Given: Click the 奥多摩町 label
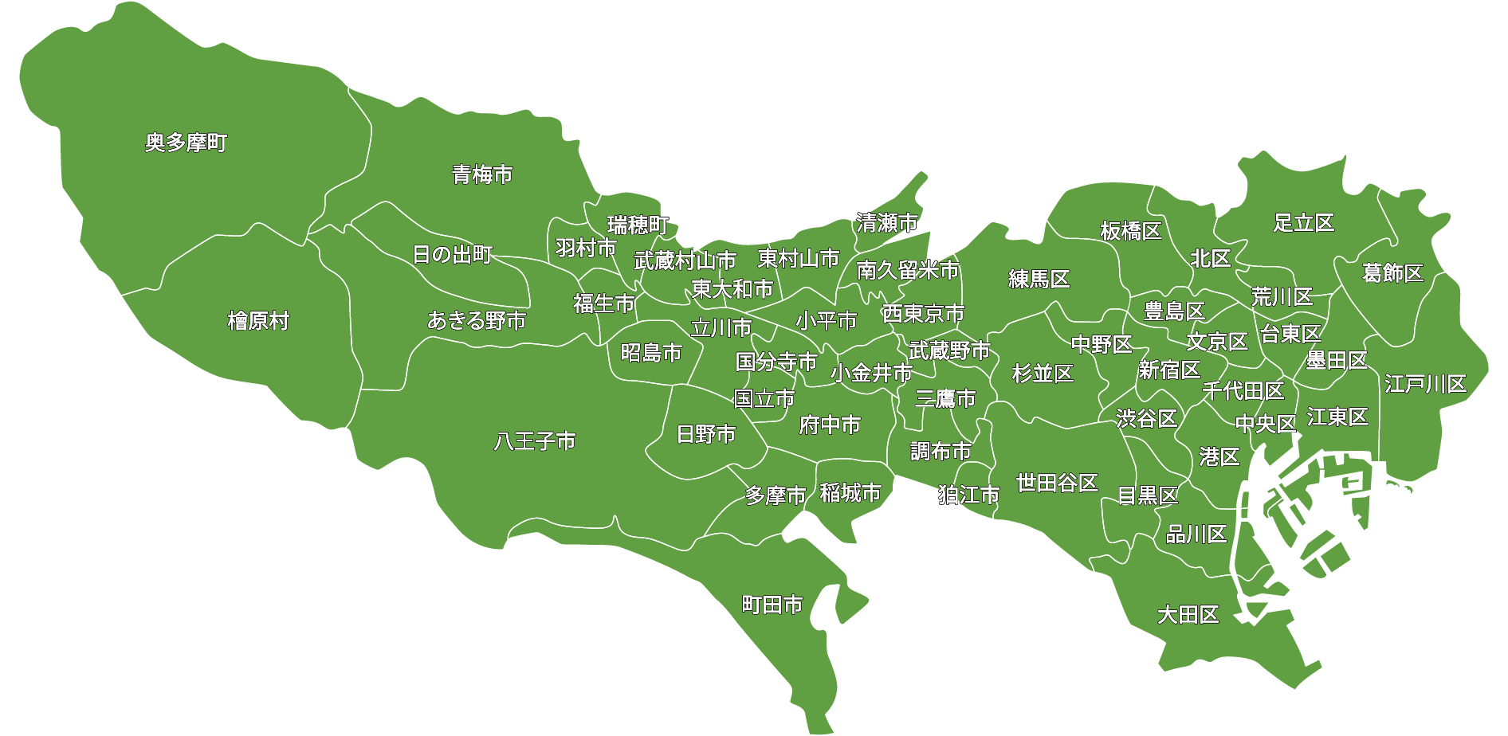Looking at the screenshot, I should [187, 143].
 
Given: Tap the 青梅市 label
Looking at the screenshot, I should [482, 174].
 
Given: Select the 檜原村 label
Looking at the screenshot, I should [258, 321].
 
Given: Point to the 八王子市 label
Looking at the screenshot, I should [535, 440].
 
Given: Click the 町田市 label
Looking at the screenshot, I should [772, 605].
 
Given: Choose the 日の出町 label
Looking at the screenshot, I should [453, 255].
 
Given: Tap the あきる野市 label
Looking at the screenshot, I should [477, 320].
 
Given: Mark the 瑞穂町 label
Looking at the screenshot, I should [638, 225].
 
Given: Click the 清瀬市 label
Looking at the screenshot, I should [887, 223].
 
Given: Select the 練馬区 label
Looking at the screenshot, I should [1039, 279].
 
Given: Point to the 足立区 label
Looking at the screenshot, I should [1304, 223].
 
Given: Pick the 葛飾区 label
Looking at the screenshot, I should [1392, 273].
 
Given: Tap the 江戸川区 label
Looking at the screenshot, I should [1425, 384].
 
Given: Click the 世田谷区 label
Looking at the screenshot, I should [1057, 483].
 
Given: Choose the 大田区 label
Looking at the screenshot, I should [1188, 615].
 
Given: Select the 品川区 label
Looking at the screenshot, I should [1196, 534].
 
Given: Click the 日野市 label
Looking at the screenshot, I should [706, 434].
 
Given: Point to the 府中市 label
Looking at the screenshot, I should [830, 425].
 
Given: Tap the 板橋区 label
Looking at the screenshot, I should [1131, 231].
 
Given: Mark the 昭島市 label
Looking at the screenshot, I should [651, 352].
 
